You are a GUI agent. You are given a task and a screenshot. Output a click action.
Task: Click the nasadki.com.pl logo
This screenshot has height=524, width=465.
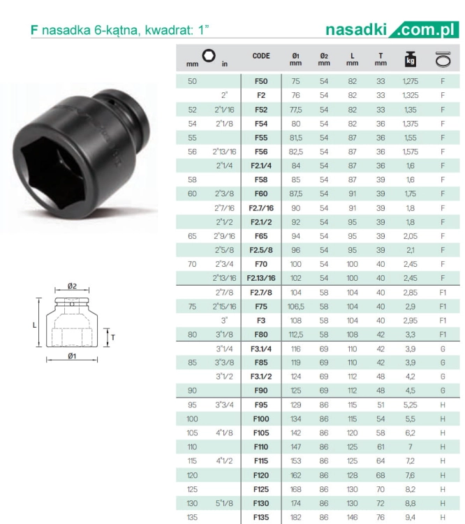pyautogui.click(x=392, y=30)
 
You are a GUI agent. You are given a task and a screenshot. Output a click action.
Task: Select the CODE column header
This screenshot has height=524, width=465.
pyautogui.click(x=261, y=56)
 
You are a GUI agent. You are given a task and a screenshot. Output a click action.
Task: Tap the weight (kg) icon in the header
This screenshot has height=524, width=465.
pyautogui.click(x=411, y=59)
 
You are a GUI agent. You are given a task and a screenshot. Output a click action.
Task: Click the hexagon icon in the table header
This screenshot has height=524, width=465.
pyautogui.click(x=209, y=55)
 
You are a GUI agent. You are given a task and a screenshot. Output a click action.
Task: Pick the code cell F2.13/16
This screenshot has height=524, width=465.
pyautogui.click(x=261, y=278)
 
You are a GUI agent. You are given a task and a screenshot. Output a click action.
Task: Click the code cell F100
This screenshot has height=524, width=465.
pyautogui.click(x=261, y=419)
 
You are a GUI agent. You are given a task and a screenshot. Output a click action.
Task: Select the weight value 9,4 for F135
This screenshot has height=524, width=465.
pyautogui.click(x=411, y=517)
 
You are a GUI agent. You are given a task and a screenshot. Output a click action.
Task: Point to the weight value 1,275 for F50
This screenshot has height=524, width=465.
pyautogui.click(x=411, y=81)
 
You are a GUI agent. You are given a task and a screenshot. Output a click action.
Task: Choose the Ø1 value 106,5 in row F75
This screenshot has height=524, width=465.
pyautogui.click(x=295, y=307)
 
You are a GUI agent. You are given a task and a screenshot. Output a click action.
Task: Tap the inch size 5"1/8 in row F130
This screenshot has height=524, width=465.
pyautogui.click(x=224, y=503)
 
